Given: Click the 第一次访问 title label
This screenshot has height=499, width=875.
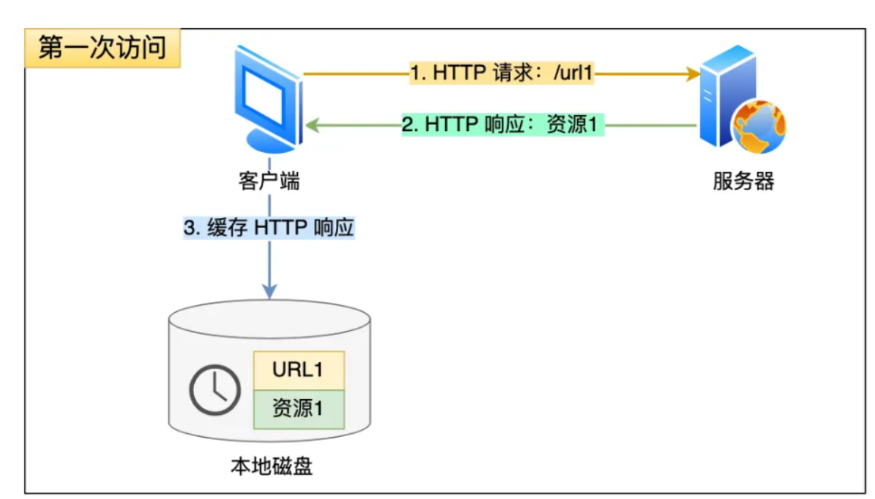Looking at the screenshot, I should pyautogui.click(x=102, y=48).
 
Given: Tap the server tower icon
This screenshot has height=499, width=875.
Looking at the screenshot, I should pyautogui.click(x=726, y=95).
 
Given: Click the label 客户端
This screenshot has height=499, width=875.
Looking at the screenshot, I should pyautogui.click(x=268, y=182).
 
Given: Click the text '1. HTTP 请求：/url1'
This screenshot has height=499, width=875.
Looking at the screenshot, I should pyautogui.click(x=501, y=73).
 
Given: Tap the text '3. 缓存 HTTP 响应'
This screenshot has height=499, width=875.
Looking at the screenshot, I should pyautogui.click(x=269, y=228).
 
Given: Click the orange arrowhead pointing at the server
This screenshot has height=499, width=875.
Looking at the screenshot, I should pyautogui.click(x=692, y=74).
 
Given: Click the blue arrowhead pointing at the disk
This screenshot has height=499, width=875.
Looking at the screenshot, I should pyautogui.click(x=269, y=291).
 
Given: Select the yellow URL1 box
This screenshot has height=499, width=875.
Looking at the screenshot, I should pyautogui.click(x=298, y=370).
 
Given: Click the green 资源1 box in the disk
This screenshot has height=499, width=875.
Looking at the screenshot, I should pyautogui.click(x=298, y=409).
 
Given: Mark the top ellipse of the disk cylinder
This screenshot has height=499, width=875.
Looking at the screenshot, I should pyautogui.click(x=269, y=319).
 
